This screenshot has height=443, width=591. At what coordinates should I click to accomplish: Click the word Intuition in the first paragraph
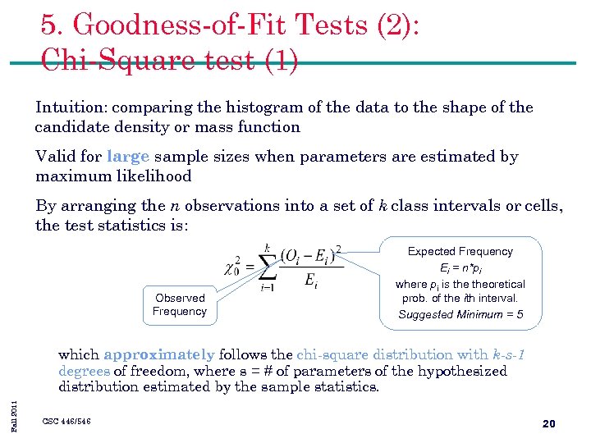[x=71, y=107]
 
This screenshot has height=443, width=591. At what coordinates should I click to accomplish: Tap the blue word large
[x=127, y=157]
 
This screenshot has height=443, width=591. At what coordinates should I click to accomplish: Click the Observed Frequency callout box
[x=180, y=304]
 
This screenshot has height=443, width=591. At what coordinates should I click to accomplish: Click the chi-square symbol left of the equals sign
[x=233, y=267]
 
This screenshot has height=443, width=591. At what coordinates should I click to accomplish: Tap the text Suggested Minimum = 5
[x=460, y=314]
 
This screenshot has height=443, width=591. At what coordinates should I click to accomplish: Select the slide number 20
[x=549, y=423]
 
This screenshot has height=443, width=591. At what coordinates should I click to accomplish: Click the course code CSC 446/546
[x=66, y=422]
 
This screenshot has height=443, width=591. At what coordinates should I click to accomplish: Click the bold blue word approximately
[x=159, y=355]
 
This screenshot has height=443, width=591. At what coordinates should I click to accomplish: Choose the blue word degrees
[x=84, y=371]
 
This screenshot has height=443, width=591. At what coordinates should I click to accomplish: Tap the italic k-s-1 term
[x=509, y=355]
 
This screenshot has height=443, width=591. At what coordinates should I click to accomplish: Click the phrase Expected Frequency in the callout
[x=460, y=252]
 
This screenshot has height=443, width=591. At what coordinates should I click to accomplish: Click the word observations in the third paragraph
[x=227, y=206]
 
